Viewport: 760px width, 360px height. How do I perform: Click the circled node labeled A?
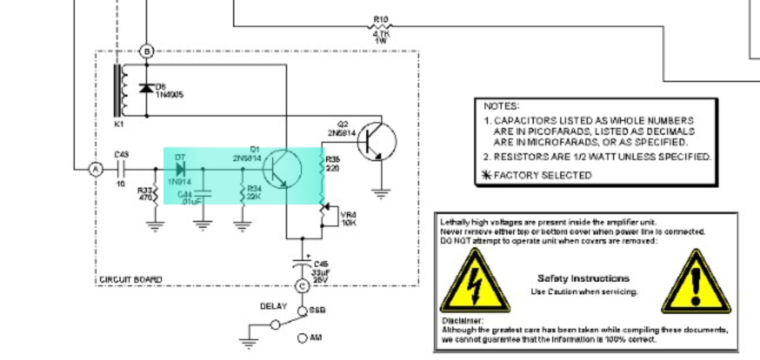pyautogui.click(x=95, y=170)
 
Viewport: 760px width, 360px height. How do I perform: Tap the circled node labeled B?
pyautogui.click(x=146, y=50)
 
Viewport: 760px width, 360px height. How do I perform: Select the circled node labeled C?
pyautogui.click(x=302, y=286)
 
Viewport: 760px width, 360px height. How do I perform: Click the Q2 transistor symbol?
pyautogui.click(x=377, y=142)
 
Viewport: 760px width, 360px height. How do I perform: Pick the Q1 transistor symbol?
pyautogui.click(x=282, y=169)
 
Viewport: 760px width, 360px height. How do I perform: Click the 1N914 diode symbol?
pyautogui.click(x=180, y=169)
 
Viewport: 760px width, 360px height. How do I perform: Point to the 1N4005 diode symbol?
pyautogui.click(x=146, y=88)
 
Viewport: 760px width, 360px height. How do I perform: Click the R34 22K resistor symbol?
pyautogui.click(x=242, y=193)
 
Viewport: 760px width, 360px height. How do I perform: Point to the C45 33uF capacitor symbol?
pyautogui.click(x=302, y=262)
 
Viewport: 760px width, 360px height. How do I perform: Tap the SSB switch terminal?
pyautogui.click(x=302, y=311)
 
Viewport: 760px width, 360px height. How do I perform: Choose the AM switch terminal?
pyautogui.click(x=302, y=338)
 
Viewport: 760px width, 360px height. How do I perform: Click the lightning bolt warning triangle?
pyautogui.click(x=474, y=283)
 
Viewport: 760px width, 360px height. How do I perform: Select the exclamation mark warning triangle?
pyautogui.click(x=695, y=283)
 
